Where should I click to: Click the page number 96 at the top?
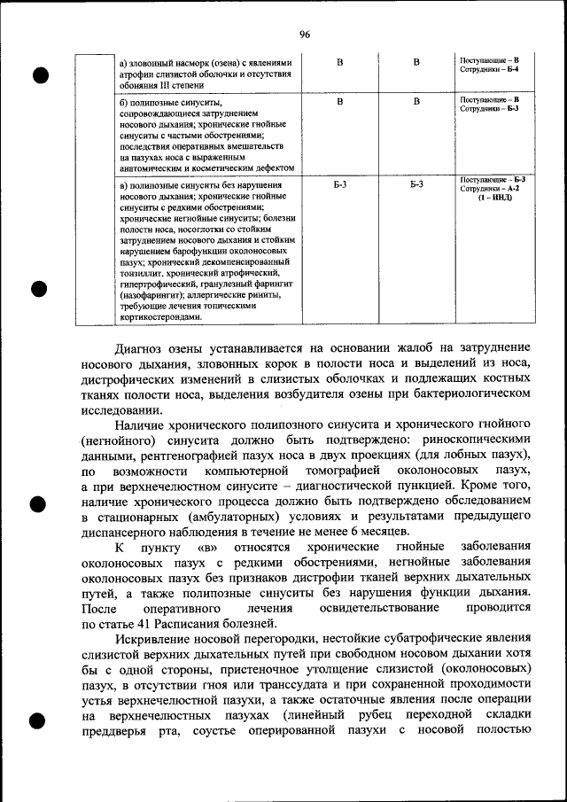[304, 35]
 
